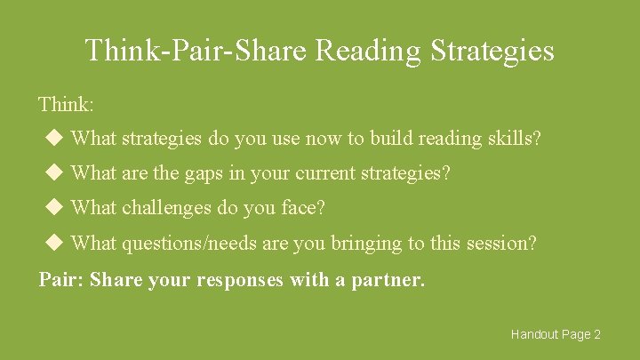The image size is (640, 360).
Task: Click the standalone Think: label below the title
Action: (66, 104)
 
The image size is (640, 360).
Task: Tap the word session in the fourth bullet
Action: (505, 243)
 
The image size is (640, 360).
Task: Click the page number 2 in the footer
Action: (597, 334)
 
